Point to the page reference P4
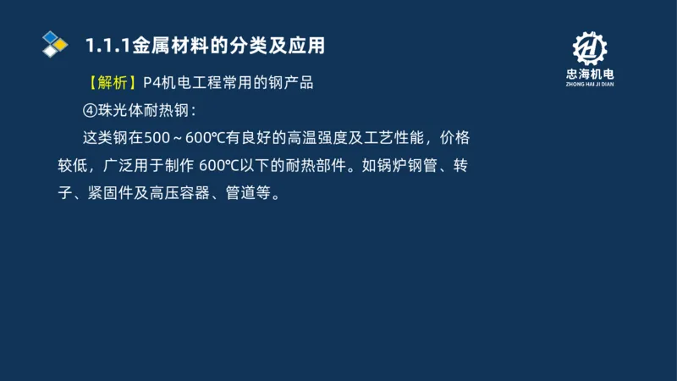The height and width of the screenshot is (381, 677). click(x=153, y=84)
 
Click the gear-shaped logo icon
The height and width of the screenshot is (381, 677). click(x=590, y=50)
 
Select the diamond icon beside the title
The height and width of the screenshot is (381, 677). click(x=55, y=43)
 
